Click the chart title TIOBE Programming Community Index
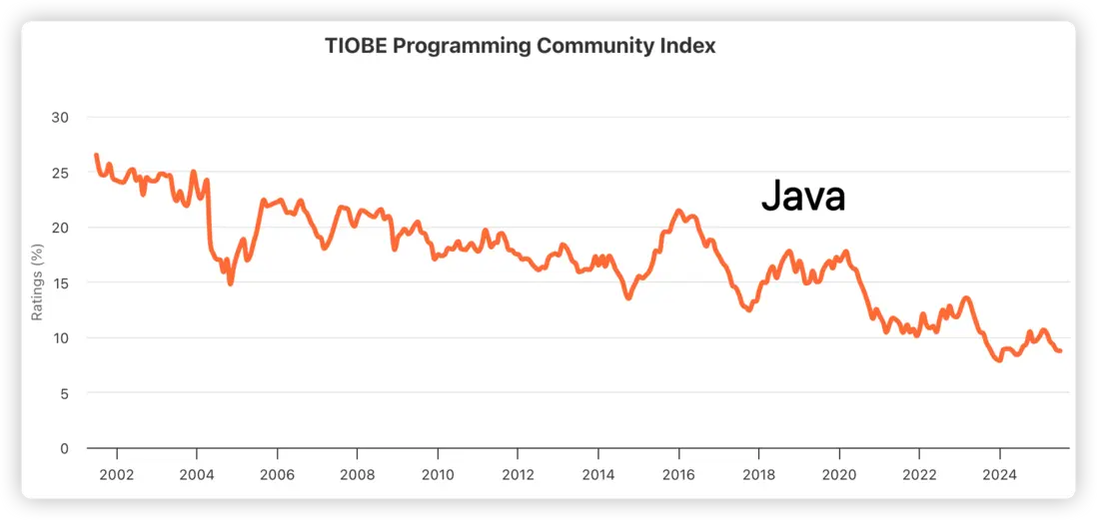click(x=520, y=46)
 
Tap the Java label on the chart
click(x=803, y=196)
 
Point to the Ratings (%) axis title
click(x=37, y=281)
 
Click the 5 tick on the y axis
click(x=63, y=393)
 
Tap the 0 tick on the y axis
click(x=63, y=448)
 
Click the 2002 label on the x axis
click(x=116, y=473)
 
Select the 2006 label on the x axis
click(x=277, y=473)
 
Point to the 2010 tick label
click(x=438, y=473)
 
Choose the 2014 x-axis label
click(x=597, y=473)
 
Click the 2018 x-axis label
click(x=758, y=473)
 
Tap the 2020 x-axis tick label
click(x=839, y=473)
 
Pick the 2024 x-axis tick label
click(x=1000, y=473)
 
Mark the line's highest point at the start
click(x=96, y=155)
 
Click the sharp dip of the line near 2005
click(x=231, y=283)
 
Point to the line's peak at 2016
click(x=678, y=211)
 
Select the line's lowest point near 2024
click(x=998, y=360)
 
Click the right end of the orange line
click(x=1060, y=351)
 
